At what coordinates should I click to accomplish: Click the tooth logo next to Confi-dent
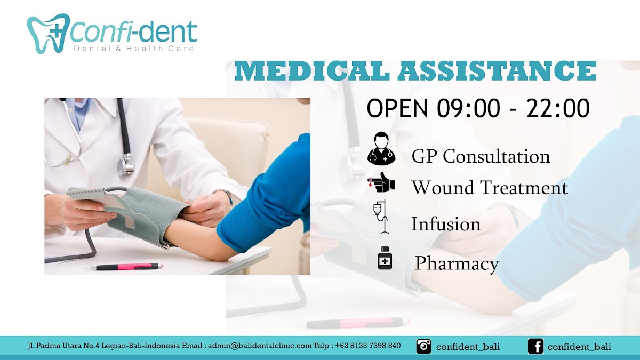tap(49, 34)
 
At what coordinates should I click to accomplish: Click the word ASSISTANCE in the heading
tap(497, 71)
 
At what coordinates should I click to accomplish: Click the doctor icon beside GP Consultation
tap(381, 148)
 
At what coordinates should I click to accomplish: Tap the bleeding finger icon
tap(381, 182)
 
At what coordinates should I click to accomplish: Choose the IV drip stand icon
tap(381, 217)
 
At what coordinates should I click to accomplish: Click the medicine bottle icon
tap(385, 258)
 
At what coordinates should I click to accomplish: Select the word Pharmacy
tap(457, 263)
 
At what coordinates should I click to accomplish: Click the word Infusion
tap(446, 224)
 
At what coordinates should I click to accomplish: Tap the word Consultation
tap(497, 157)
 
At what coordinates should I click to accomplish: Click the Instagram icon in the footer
tap(423, 346)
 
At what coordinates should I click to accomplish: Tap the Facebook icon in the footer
tap(535, 346)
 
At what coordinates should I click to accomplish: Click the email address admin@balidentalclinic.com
tap(259, 346)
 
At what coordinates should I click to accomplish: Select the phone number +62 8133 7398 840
tap(367, 346)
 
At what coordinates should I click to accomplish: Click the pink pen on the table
tap(125, 267)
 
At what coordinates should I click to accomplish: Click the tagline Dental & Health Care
tap(134, 49)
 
